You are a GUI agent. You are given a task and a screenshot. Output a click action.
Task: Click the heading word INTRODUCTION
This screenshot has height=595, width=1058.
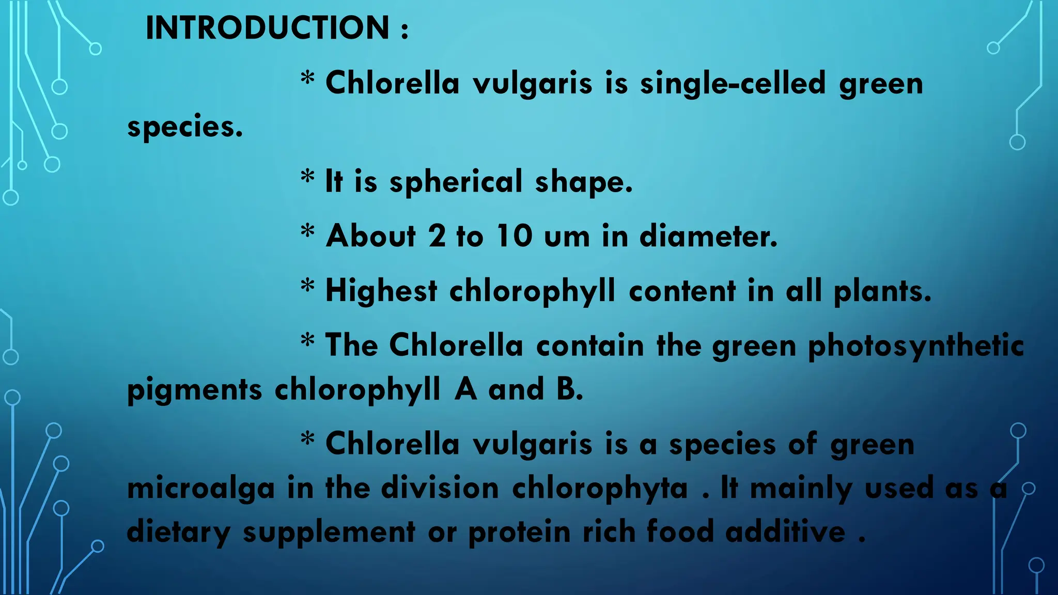coord(267,28)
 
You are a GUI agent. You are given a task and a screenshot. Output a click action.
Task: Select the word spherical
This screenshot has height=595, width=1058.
coord(456,182)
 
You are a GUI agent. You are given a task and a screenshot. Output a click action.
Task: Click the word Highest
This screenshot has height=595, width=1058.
coord(381,290)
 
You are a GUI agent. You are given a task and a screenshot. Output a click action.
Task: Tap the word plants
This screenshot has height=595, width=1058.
coord(882,291)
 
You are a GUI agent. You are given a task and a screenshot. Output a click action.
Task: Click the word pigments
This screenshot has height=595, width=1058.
coord(195,390)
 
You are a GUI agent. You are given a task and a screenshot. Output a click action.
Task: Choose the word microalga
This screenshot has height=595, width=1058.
coord(201,489)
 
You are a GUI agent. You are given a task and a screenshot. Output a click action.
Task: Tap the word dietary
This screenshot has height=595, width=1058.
coord(179,533)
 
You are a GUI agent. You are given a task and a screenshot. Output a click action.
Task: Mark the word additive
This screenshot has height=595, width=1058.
coord(785,531)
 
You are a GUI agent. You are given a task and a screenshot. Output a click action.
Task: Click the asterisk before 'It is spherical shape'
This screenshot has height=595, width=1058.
coord(307,177)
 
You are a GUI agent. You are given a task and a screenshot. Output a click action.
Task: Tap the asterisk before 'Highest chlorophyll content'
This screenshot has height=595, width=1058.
coord(307,286)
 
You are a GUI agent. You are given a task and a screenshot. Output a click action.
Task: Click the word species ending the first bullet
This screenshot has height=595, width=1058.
coord(184,127)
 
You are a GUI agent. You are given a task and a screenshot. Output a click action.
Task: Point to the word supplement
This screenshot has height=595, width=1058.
coord(329,533)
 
